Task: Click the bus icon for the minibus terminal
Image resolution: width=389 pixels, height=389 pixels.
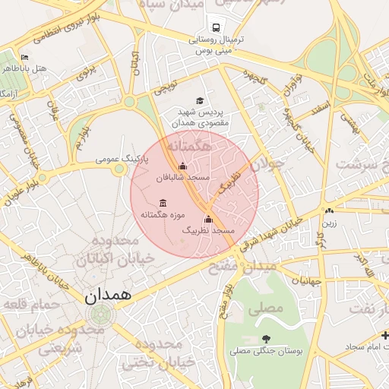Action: (217, 27)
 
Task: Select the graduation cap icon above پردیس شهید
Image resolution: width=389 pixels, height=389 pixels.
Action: (200, 100)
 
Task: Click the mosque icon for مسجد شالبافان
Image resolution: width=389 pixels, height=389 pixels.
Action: (182, 166)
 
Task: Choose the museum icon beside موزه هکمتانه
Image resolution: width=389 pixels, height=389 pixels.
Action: (163, 203)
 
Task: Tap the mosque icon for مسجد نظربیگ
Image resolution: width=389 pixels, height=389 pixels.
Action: (208, 220)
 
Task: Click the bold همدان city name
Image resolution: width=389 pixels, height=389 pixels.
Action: (109, 293)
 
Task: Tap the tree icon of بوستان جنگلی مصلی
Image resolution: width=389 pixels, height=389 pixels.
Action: (265, 339)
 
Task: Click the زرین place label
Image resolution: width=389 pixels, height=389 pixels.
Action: (328, 223)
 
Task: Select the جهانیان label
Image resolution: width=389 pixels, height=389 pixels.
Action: (312, 280)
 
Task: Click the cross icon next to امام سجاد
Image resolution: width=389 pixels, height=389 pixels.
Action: (385, 335)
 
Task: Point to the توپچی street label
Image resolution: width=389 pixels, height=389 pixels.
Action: (166, 87)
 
